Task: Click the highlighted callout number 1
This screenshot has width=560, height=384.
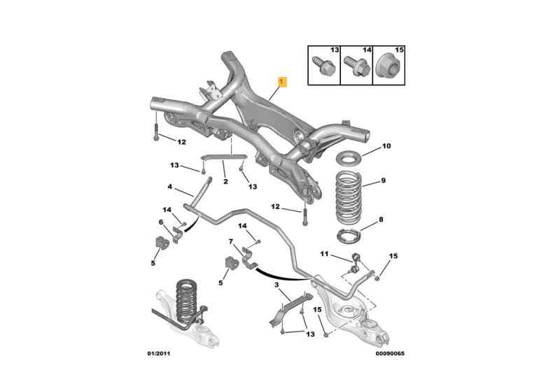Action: pos(281,82)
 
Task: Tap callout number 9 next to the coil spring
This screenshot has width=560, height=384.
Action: pos(383,182)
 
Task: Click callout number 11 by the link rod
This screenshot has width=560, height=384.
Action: pos(324,253)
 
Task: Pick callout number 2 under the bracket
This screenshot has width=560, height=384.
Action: pos(225,182)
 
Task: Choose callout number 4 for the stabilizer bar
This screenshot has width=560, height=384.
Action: pos(169,187)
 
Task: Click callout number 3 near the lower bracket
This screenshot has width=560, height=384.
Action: pos(277,285)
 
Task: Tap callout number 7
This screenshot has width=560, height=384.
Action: pos(231,242)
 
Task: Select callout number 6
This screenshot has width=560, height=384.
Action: pos(160,222)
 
